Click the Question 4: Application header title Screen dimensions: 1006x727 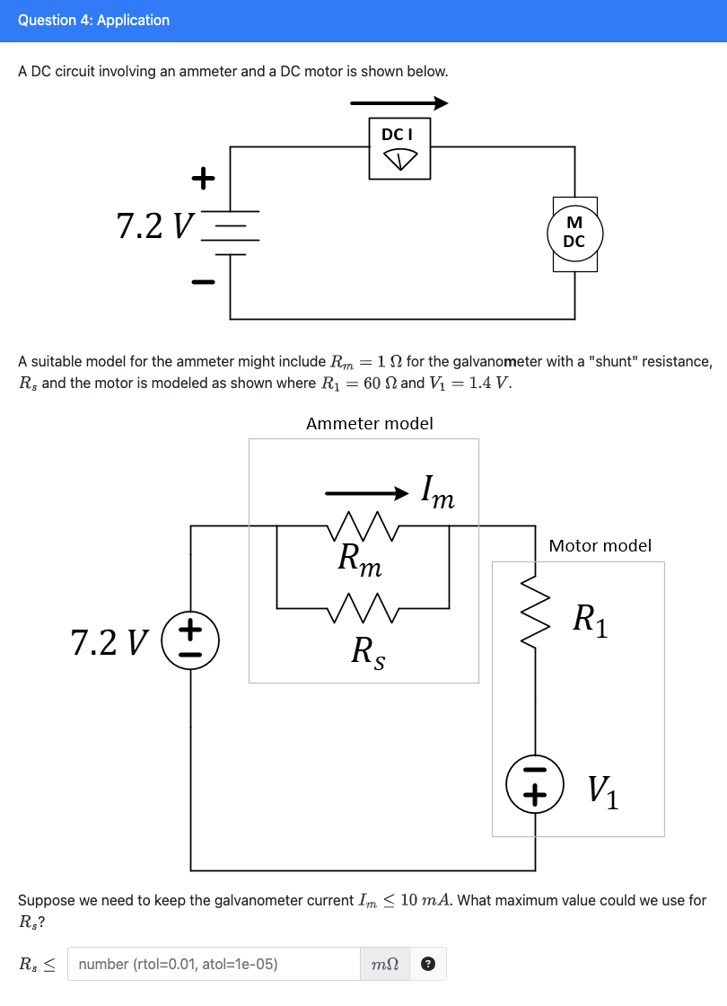point(93,20)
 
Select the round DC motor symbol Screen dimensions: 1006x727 point(574,234)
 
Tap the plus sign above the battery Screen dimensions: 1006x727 point(204,179)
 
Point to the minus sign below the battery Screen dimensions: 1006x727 point(204,283)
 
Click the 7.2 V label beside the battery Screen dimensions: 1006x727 point(154,226)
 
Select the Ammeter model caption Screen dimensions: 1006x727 point(369,423)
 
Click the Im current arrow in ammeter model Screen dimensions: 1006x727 point(368,492)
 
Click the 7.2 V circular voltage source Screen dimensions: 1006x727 point(190,641)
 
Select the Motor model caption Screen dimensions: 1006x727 point(600,545)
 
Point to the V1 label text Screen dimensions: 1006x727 point(603,790)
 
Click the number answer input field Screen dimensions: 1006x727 point(214,964)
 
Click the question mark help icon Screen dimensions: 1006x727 point(428,965)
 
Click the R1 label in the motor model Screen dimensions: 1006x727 point(591,620)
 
